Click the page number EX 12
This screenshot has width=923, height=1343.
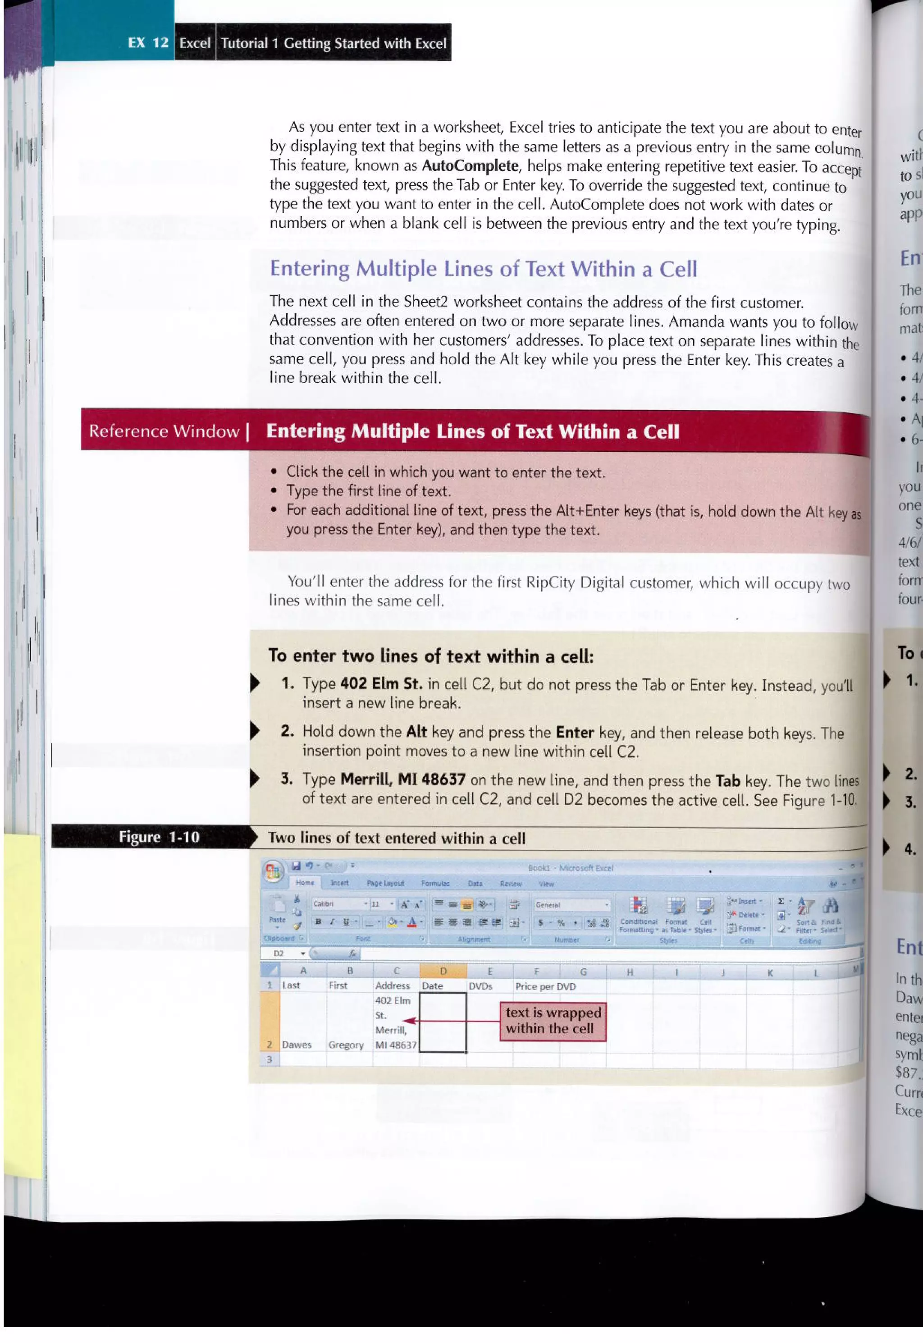tap(148, 43)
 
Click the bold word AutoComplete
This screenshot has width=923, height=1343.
tap(470, 166)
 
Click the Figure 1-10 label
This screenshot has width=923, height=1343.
tap(159, 838)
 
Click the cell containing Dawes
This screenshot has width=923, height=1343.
tap(297, 1045)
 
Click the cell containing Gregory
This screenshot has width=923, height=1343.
tap(346, 1045)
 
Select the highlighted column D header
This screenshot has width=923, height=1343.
tap(443, 972)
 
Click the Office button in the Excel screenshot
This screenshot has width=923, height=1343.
tap(273, 872)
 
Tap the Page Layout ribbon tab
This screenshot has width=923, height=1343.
tap(385, 883)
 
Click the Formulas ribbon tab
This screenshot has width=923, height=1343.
tap(435, 883)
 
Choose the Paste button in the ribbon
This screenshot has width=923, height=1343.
tap(277, 912)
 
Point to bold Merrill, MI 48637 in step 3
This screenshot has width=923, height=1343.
tap(402, 779)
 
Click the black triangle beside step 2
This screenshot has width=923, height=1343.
tap(255, 731)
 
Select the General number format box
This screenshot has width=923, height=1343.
tap(571, 905)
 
